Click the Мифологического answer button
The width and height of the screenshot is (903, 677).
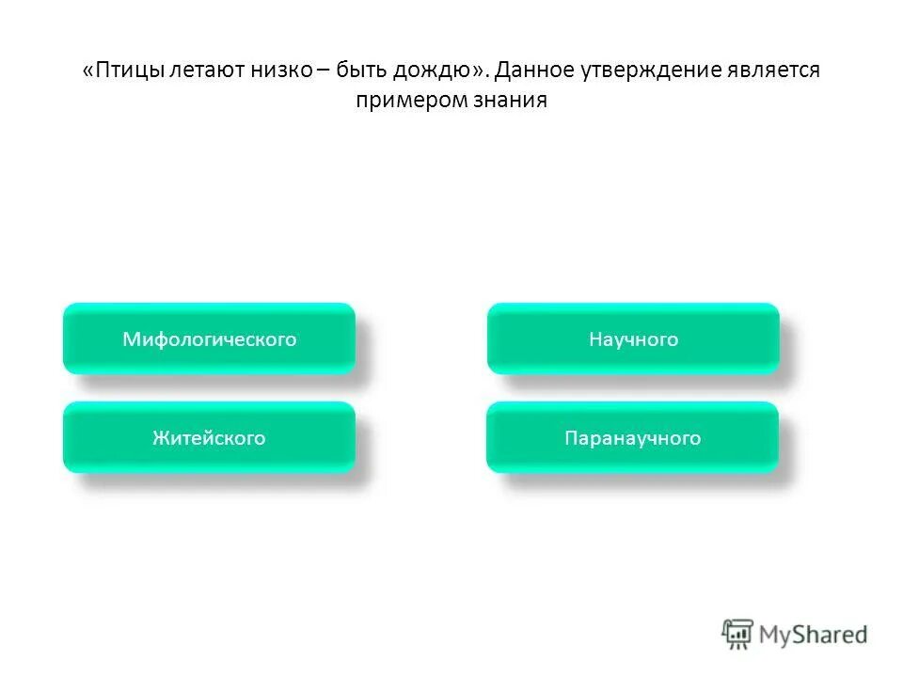209,338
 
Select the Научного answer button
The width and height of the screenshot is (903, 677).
633,338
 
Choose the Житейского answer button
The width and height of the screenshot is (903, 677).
209,437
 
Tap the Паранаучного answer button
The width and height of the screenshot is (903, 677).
632,437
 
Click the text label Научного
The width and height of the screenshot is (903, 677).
633,339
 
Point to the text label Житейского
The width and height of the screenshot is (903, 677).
209,438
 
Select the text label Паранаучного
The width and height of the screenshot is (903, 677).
632,438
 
